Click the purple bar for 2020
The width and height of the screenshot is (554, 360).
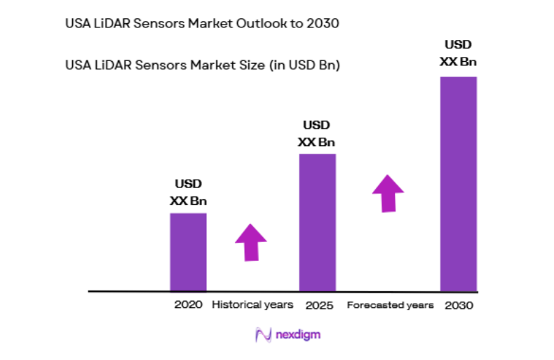click(x=188, y=251)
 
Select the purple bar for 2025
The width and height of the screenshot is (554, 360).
click(x=318, y=222)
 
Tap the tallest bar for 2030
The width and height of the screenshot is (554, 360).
click(x=458, y=183)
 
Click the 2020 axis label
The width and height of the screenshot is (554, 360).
click(x=188, y=305)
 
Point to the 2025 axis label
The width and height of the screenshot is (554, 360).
click(x=319, y=306)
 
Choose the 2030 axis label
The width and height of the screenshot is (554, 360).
click(x=459, y=306)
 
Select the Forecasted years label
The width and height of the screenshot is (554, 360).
click(x=391, y=306)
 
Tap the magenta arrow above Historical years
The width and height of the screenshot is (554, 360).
click(x=250, y=242)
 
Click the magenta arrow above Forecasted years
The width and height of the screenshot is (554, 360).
click(x=388, y=193)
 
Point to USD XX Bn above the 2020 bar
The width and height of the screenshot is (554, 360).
click(x=188, y=192)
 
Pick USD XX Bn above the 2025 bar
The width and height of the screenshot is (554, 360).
click(x=317, y=133)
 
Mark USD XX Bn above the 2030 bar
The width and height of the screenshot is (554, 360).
click(x=458, y=53)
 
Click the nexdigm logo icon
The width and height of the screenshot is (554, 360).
click(x=263, y=335)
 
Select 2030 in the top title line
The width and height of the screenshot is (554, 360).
click(x=325, y=23)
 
